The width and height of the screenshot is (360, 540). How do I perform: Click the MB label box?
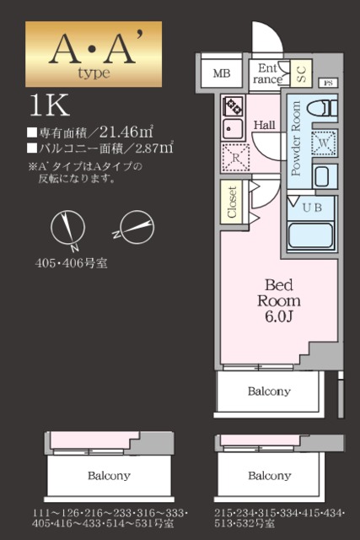(221, 74)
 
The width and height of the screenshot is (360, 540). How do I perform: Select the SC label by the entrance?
(302, 73)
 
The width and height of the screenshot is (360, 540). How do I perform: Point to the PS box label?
(329, 83)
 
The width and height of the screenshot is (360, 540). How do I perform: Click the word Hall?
(265, 125)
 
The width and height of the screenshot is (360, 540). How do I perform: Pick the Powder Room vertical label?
(296, 138)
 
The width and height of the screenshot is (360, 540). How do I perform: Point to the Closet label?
(232, 202)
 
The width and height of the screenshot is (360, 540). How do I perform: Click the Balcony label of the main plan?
(269, 391)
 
